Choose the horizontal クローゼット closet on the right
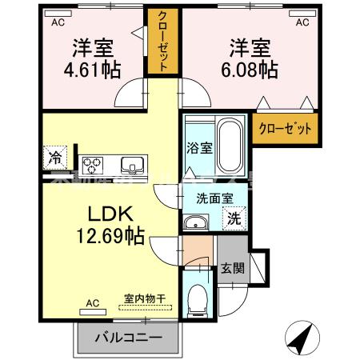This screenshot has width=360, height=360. pyautogui.click(x=282, y=128)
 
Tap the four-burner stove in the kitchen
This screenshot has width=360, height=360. pyautogui.click(x=92, y=166)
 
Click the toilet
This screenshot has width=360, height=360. pyautogui.click(x=197, y=299)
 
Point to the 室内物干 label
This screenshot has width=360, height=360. pyautogui.click(x=145, y=299)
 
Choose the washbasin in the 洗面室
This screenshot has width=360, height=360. pyautogui.click(x=194, y=222)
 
